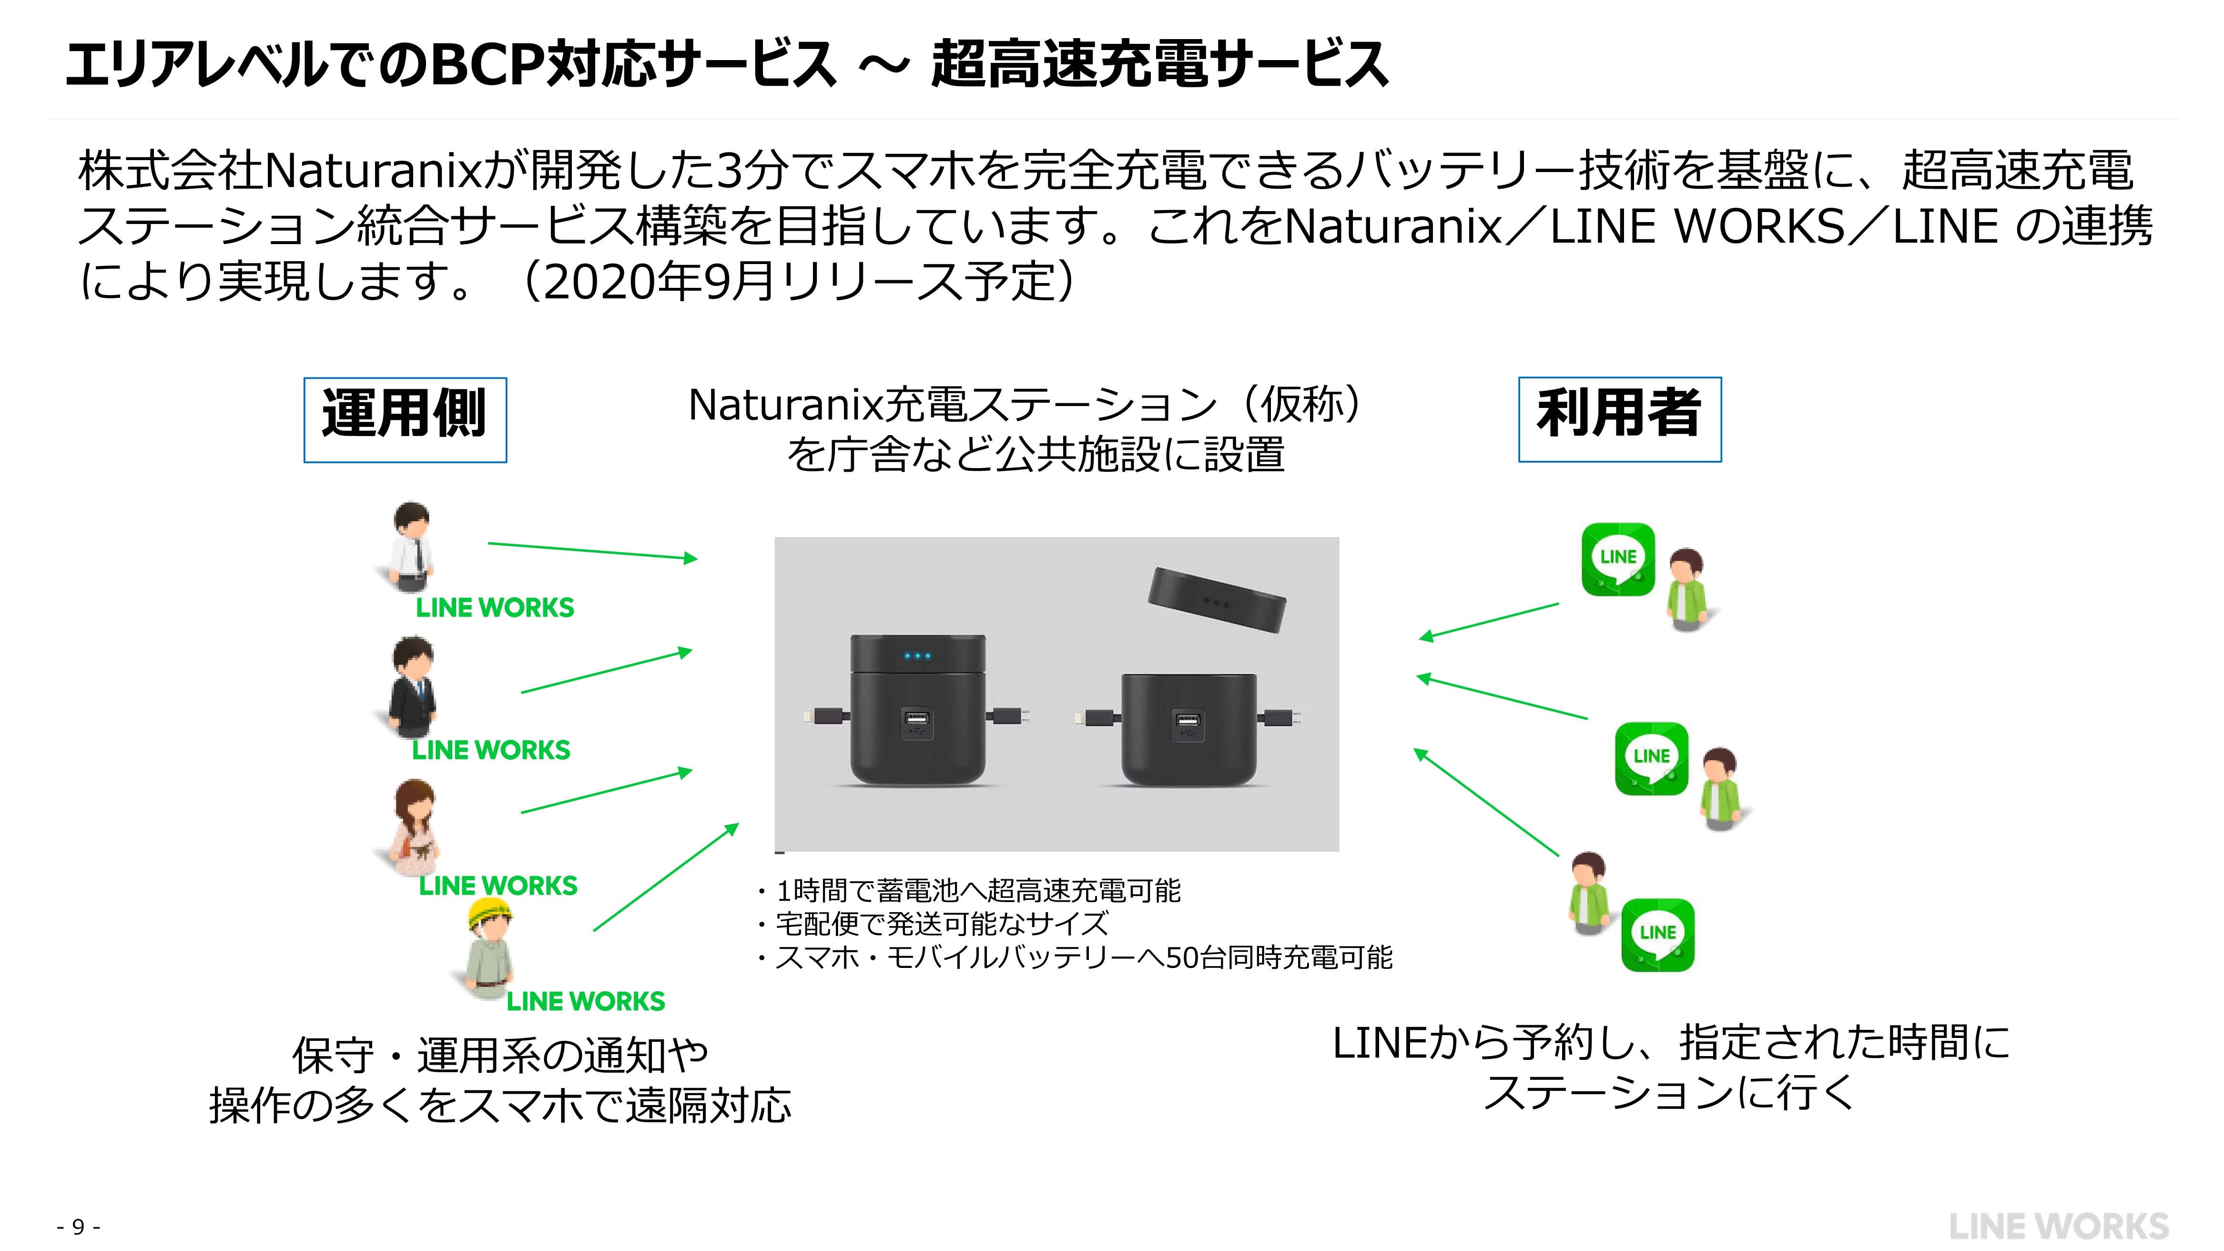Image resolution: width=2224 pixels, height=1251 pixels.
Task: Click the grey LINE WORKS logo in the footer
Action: click(x=2058, y=1226)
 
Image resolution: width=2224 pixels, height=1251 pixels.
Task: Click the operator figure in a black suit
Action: click(x=411, y=688)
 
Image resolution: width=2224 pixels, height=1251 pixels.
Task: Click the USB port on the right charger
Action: click(x=1188, y=721)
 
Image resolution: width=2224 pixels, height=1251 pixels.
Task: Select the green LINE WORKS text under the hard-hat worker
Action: click(x=585, y=1001)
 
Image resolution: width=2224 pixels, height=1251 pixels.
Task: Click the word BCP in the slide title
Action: click(x=486, y=65)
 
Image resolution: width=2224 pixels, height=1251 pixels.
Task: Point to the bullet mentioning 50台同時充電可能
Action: click(x=1075, y=957)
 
